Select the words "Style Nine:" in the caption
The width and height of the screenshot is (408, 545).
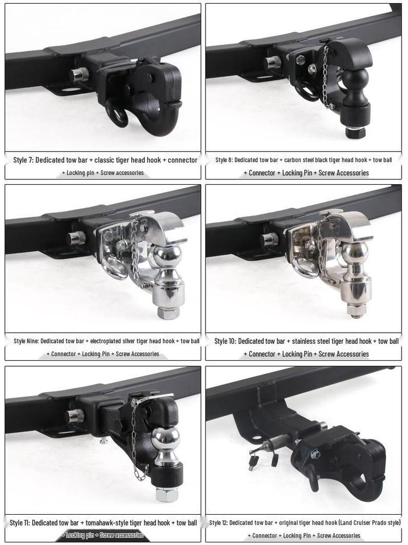[x=26, y=341]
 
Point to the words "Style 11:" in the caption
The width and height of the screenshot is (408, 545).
[x=21, y=523]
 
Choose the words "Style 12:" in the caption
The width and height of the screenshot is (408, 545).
[x=218, y=523]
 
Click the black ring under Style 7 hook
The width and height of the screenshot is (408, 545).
[x=116, y=113]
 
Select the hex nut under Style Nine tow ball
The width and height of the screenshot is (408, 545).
[x=168, y=312]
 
